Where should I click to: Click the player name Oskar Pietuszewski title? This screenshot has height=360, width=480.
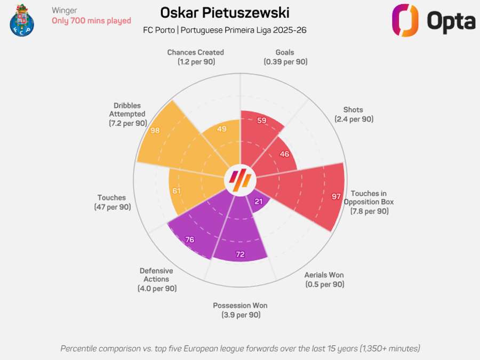[225, 13]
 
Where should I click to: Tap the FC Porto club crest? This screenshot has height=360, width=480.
[22, 20]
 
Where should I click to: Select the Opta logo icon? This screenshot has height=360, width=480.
[405, 21]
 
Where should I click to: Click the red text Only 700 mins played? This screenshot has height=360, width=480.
[91, 21]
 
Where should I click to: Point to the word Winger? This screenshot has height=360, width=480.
[65, 10]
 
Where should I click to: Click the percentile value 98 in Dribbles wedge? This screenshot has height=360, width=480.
[155, 130]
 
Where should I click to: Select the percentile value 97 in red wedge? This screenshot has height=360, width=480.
[336, 197]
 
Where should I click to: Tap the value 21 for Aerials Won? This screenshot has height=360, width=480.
[259, 201]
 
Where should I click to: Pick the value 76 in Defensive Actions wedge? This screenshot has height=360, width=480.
[189, 239]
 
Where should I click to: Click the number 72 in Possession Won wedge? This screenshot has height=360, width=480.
[240, 254]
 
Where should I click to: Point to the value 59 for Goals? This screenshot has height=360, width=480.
[262, 121]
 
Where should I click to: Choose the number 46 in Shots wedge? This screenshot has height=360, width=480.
[284, 154]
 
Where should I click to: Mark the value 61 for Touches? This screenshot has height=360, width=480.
[177, 190]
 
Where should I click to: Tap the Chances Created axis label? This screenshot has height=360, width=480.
[195, 57]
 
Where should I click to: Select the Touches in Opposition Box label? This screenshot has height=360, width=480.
[369, 202]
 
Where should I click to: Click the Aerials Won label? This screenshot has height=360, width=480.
[324, 279]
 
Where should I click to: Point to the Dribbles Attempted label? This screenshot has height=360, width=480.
[127, 114]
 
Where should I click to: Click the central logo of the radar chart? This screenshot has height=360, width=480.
[240, 180]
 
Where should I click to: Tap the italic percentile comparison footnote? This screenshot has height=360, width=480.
[240, 348]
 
